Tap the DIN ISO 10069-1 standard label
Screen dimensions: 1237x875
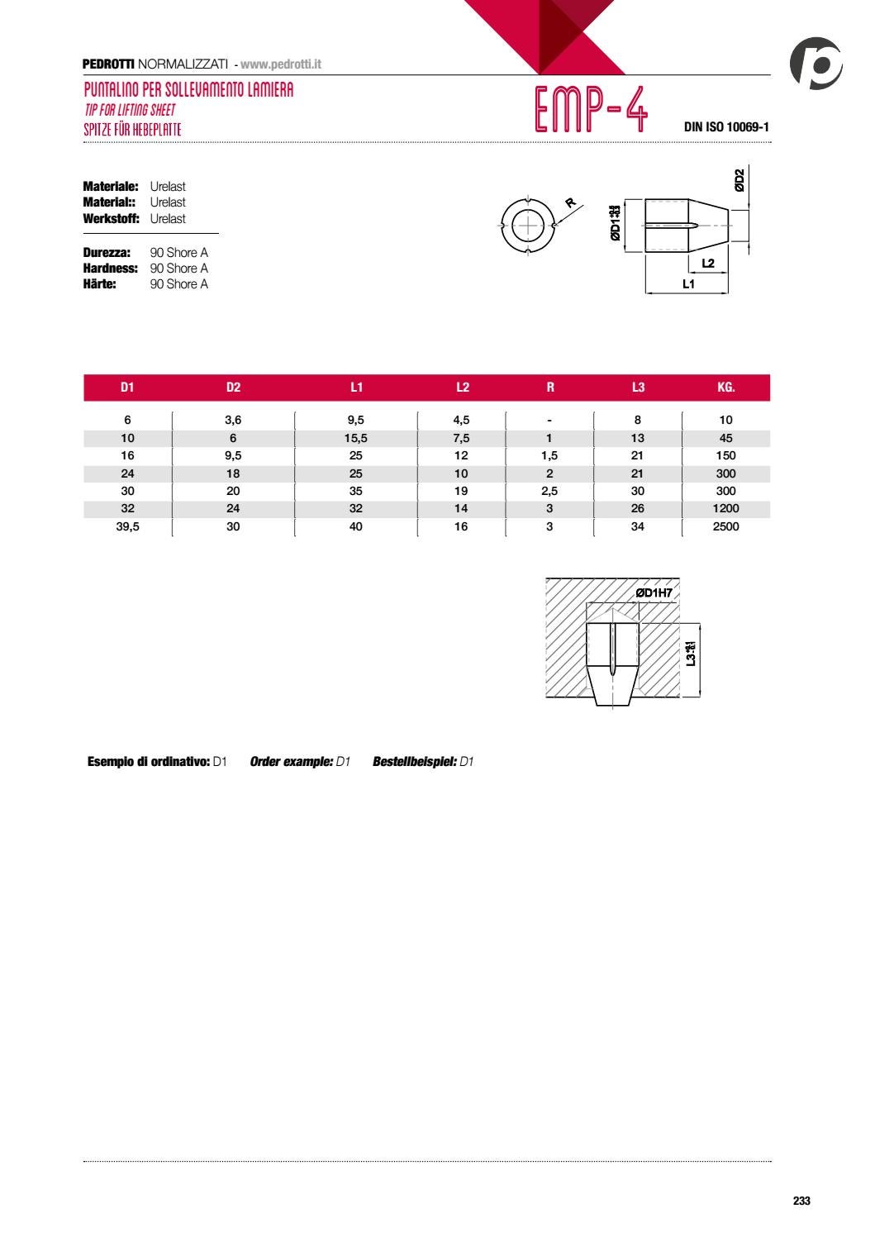(726, 127)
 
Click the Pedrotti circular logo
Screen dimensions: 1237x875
(816, 64)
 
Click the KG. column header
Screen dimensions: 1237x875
(725, 388)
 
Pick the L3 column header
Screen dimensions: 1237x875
(637, 388)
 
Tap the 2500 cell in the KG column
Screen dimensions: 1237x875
(725, 526)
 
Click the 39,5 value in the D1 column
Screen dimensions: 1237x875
(127, 526)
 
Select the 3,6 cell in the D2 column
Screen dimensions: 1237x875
(233, 420)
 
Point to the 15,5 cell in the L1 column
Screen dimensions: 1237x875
(355, 438)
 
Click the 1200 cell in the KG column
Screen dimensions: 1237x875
(725, 508)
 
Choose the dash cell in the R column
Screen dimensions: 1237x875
(549, 420)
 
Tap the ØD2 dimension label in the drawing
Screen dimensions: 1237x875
(739, 180)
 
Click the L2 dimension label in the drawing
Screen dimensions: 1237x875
(707, 264)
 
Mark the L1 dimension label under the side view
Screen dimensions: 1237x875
(688, 284)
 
